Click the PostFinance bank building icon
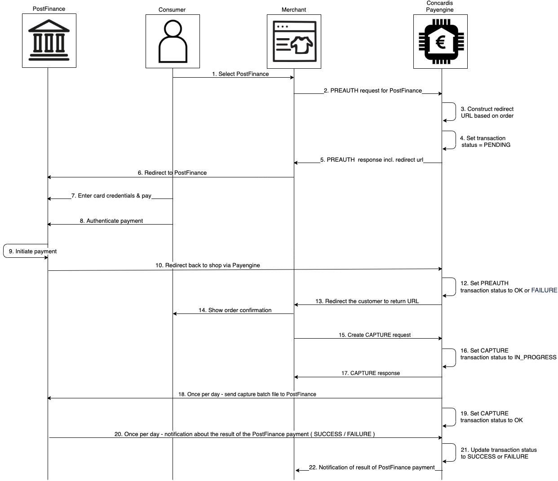pos(49,40)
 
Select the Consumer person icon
pos(173,41)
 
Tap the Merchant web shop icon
pos(294,41)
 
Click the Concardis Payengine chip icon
pos(440,42)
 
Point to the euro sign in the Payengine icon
pos(440,43)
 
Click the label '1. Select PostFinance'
pos(240,74)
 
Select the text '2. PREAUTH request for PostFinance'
pos(373,91)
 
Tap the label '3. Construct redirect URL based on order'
pos(487,112)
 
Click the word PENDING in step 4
pos(497,145)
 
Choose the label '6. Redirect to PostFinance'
pos(172,173)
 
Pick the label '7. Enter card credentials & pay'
pos(111,196)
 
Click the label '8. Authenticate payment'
pos(111,221)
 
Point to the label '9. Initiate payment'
pos(33,252)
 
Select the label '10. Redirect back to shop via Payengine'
pos(208,265)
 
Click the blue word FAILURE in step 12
pos(544,291)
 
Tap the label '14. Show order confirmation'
pos(235,310)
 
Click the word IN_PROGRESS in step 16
pos(535,357)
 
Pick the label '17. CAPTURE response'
pos(370,373)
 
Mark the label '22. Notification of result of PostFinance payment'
pos(372,468)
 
